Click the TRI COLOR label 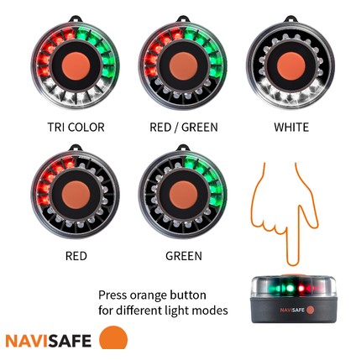[76, 128]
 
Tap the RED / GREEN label [183, 128]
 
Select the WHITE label [291, 128]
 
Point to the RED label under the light [76, 255]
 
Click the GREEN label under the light [183, 255]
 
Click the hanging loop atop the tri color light [76, 17]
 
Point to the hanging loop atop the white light [290, 17]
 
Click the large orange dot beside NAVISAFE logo [112, 338]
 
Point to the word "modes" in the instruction [210, 310]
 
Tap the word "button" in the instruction [186, 295]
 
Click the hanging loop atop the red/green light [183, 17]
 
